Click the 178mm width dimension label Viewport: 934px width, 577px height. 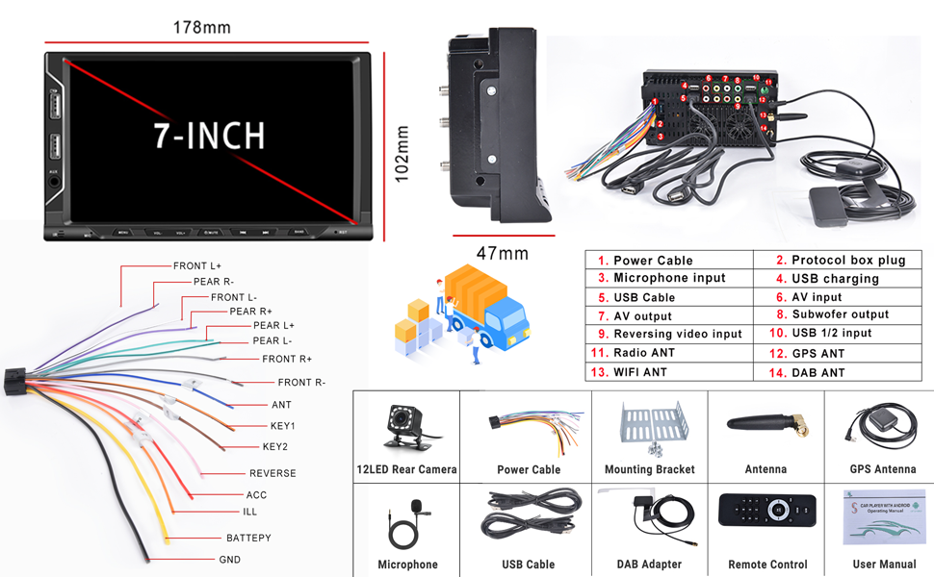pos(201,27)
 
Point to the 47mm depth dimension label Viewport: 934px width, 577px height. pos(503,254)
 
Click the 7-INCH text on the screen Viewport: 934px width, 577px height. pos(209,136)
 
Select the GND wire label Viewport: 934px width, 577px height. pos(230,560)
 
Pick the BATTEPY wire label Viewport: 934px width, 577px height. pos(248,539)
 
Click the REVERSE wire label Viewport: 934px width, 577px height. pos(272,473)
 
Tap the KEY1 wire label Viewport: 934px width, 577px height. pos(283,425)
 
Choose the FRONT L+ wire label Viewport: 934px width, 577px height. pos(197,265)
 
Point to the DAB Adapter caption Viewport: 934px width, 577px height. pos(649,564)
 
